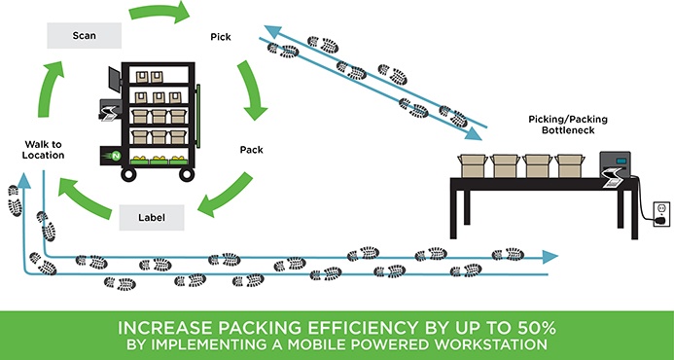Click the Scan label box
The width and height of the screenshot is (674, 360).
(83, 36)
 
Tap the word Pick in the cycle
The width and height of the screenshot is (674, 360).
(221, 37)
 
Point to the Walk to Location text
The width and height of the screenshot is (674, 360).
(45, 149)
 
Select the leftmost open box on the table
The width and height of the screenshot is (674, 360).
(474, 163)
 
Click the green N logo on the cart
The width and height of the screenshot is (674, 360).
(115, 157)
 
